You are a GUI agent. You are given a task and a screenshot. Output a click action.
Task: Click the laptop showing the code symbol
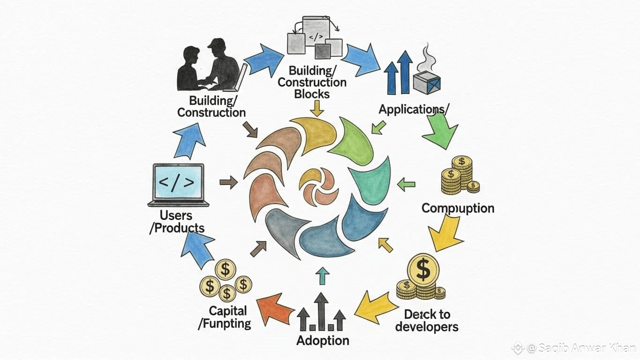(178, 184)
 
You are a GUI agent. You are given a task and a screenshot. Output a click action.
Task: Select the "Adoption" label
(323, 340)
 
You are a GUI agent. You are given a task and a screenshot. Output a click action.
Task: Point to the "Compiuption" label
(458, 208)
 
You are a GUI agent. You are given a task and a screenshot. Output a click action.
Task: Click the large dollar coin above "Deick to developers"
(423, 270)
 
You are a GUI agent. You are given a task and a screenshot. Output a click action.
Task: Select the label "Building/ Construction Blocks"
(312, 82)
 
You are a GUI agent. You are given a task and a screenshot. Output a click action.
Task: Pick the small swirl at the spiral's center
(318, 186)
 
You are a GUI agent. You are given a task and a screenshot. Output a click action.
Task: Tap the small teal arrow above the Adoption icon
(322, 277)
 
